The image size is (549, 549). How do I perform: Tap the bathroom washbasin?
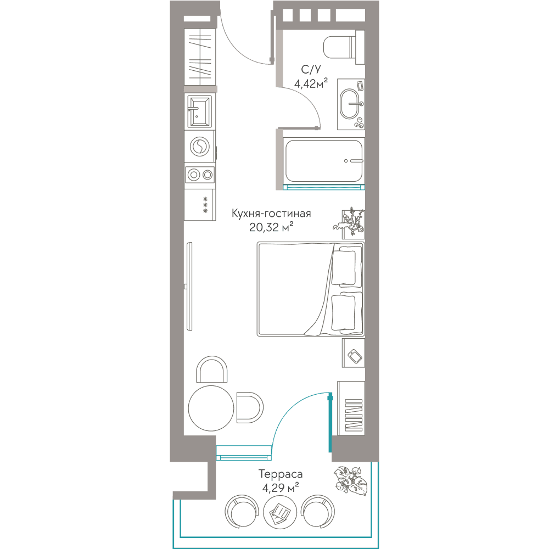tap(350, 104)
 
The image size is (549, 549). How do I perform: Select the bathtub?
tap(324, 161)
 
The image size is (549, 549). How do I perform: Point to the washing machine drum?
tap(200, 147)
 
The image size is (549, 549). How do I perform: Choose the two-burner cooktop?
tap(200, 175)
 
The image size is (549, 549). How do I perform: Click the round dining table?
tap(211, 408)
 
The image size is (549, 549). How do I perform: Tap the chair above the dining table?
tap(211, 369)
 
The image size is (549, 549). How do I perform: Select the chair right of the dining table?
tap(250, 407)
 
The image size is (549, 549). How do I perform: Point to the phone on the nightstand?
tap(355, 356)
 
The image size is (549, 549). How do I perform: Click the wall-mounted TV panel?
tap(189, 287)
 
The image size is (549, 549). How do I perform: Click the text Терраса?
tap(281, 474)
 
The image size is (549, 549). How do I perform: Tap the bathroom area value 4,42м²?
tap(311, 83)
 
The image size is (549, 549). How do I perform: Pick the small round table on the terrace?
tap(280, 512)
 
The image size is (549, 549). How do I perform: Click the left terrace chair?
tap(242, 512)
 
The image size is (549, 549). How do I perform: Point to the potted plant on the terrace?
tap(351, 481)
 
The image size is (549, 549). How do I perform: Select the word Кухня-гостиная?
tap(271, 213)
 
